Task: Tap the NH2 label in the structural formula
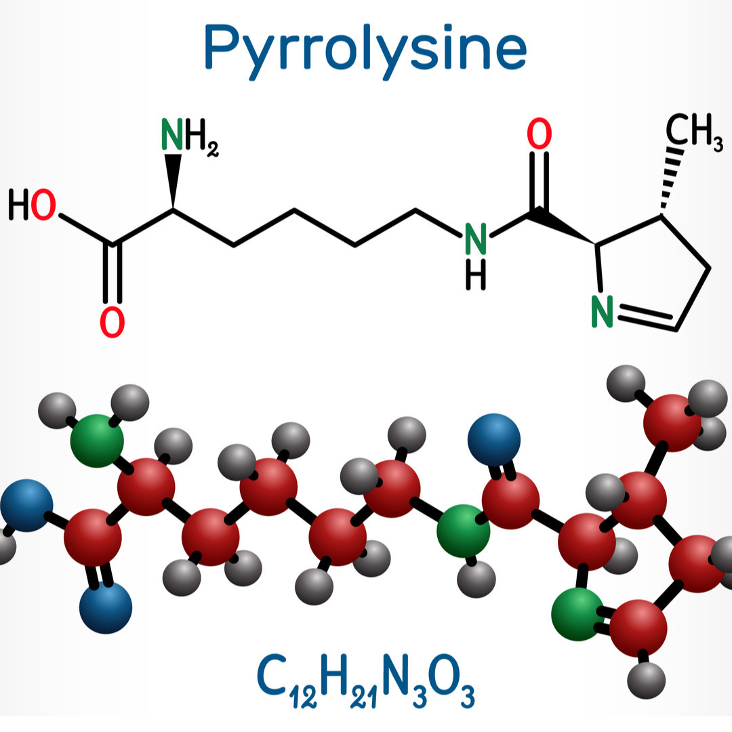(x=190, y=136)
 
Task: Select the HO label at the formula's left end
(x=33, y=205)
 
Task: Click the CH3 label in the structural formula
(x=694, y=131)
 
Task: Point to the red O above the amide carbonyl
(x=540, y=134)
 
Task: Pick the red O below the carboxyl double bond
(x=112, y=322)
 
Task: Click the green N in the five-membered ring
(x=602, y=311)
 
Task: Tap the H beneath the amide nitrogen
(x=476, y=275)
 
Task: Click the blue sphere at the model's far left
(x=26, y=505)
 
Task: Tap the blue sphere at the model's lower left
(x=106, y=607)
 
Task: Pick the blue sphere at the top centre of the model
(x=494, y=440)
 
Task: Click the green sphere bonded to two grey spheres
(x=97, y=441)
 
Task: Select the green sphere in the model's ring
(x=578, y=614)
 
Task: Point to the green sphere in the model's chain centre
(x=463, y=531)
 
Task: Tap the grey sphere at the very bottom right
(x=646, y=680)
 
